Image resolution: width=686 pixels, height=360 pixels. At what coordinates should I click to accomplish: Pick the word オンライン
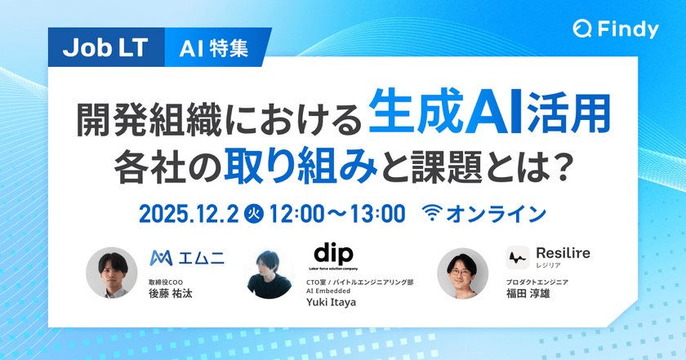[499, 215]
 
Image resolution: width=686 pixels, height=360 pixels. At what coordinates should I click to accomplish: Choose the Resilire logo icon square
[517, 258]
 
